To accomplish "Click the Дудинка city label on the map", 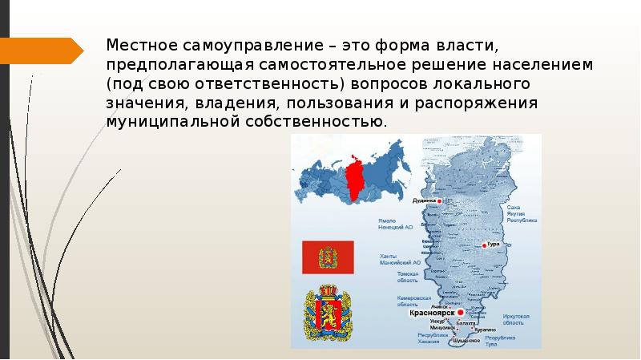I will [425, 200].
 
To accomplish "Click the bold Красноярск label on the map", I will [433, 313].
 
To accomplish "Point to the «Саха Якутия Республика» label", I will [522, 212].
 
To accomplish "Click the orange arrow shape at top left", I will [41, 51].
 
